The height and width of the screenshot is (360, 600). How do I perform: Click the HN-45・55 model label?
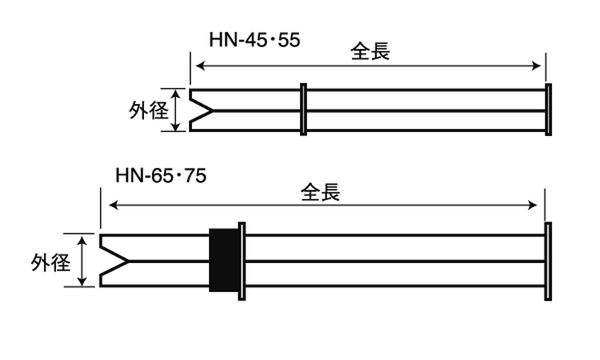point(255,39)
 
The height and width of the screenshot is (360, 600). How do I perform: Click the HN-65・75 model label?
point(161,175)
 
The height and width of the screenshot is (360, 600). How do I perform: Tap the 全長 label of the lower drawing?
point(321,193)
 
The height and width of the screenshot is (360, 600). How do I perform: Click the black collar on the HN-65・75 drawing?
point(224,260)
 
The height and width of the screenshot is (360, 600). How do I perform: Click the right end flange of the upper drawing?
point(548,110)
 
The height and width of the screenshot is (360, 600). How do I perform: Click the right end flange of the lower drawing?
point(548,261)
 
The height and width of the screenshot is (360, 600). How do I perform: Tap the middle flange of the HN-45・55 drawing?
point(303,109)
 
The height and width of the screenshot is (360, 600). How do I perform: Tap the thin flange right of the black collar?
point(242,261)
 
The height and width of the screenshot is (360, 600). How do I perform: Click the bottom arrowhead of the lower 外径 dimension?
point(83,282)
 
